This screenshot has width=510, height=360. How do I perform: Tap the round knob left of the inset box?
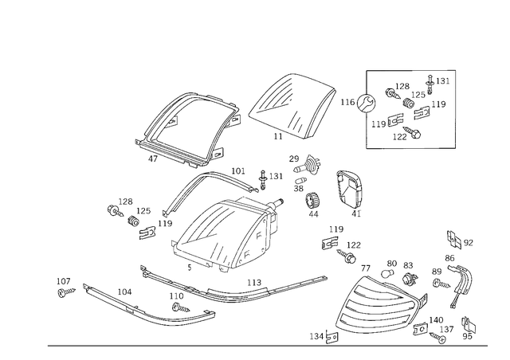click(367, 101)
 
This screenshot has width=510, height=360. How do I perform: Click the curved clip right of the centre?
click(349, 191)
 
